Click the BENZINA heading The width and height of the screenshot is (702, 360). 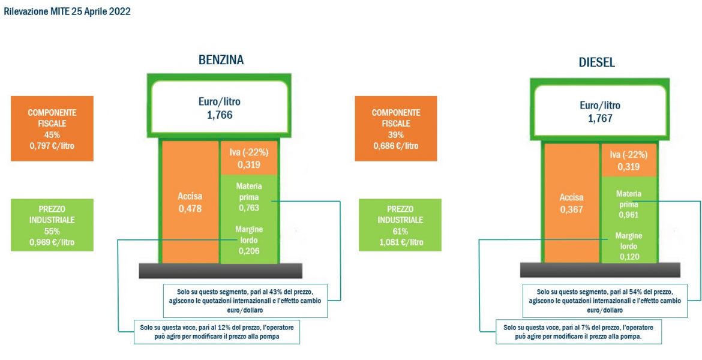pyautogui.click(x=221, y=59)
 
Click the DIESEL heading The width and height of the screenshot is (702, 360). pyautogui.click(x=597, y=62)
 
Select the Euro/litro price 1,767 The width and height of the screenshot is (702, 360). pyautogui.click(x=599, y=119)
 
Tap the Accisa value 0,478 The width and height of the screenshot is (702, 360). pyautogui.click(x=190, y=208)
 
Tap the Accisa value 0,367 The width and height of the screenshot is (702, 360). pyautogui.click(x=572, y=209)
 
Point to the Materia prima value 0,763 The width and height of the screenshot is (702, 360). pyautogui.click(x=249, y=208)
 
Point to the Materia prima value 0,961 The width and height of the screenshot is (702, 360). pyautogui.click(x=629, y=215)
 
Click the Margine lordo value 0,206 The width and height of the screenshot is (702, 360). pyautogui.click(x=249, y=251)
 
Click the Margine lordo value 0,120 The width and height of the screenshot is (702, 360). pyautogui.click(x=629, y=257)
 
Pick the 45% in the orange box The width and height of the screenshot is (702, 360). pyautogui.click(x=52, y=134)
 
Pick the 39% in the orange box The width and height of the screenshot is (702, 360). pyautogui.click(x=396, y=135)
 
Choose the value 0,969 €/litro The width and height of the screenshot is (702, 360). pyautogui.click(x=52, y=242)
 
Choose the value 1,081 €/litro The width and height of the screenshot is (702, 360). pyautogui.click(x=400, y=242)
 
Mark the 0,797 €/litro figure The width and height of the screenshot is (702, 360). pyautogui.click(x=52, y=145)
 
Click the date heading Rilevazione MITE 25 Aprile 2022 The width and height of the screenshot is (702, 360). pyautogui.click(x=67, y=12)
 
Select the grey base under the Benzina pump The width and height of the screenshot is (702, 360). pyautogui.click(x=220, y=271)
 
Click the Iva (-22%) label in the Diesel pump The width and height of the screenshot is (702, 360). pyautogui.click(x=629, y=155)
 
